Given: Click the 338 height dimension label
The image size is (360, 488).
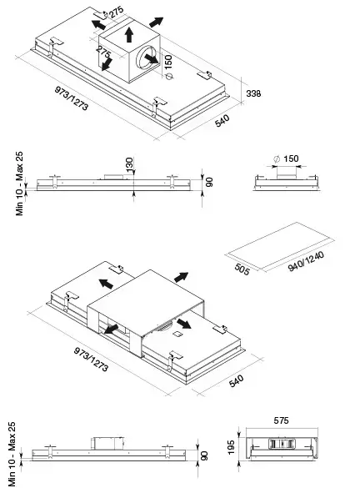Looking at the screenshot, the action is [x=253, y=93].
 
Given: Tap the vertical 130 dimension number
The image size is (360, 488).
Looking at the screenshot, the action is [x=129, y=164].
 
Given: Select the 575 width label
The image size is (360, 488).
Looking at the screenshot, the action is [x=281, y=420].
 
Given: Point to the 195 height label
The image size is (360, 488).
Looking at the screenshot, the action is [x=231, y=447].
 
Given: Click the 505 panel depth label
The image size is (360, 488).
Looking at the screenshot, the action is [x=242, y=269].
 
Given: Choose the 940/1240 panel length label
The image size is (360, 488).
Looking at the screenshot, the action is [x=306, y=262].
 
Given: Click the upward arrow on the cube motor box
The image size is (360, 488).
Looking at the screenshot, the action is [x=129, y=34].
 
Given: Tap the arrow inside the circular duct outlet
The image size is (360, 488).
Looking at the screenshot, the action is [x=152, y=58].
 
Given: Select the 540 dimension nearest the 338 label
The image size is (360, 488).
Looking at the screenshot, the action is [x=222, y=121].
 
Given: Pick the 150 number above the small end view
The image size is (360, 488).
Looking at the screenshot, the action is [x=291, y=158].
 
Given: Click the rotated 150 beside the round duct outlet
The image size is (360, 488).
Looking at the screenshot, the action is [x=167, y=62].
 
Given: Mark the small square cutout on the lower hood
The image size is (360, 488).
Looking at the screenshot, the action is [x=177, y=334].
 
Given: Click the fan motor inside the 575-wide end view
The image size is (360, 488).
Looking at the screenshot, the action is [x=281, y=444].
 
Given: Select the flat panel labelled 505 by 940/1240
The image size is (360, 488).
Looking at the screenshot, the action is [x=279, y=246].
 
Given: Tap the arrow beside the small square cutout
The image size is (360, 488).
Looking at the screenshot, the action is [x=184, y=324].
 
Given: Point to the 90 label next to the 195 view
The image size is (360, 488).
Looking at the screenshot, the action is [x=204, y=456].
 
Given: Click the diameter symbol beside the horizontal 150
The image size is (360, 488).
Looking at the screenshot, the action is [x=277, y=158].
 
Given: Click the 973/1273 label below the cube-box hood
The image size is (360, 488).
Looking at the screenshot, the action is [x=72, y=98].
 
